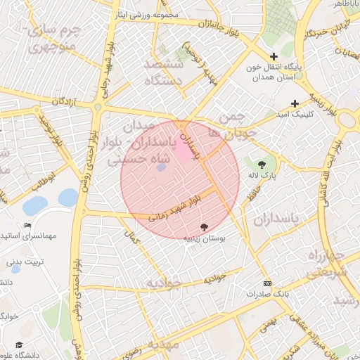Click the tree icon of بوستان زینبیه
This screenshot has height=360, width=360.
204,227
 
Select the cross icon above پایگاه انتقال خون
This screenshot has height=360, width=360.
274,56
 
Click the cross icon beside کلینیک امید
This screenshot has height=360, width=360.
304,103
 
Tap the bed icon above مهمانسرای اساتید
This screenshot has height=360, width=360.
28,225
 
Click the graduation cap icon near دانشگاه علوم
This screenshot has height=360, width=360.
20,345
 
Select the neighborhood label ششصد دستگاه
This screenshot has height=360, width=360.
164,72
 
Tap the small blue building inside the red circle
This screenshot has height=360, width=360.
161,167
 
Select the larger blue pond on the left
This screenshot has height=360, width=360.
34,206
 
